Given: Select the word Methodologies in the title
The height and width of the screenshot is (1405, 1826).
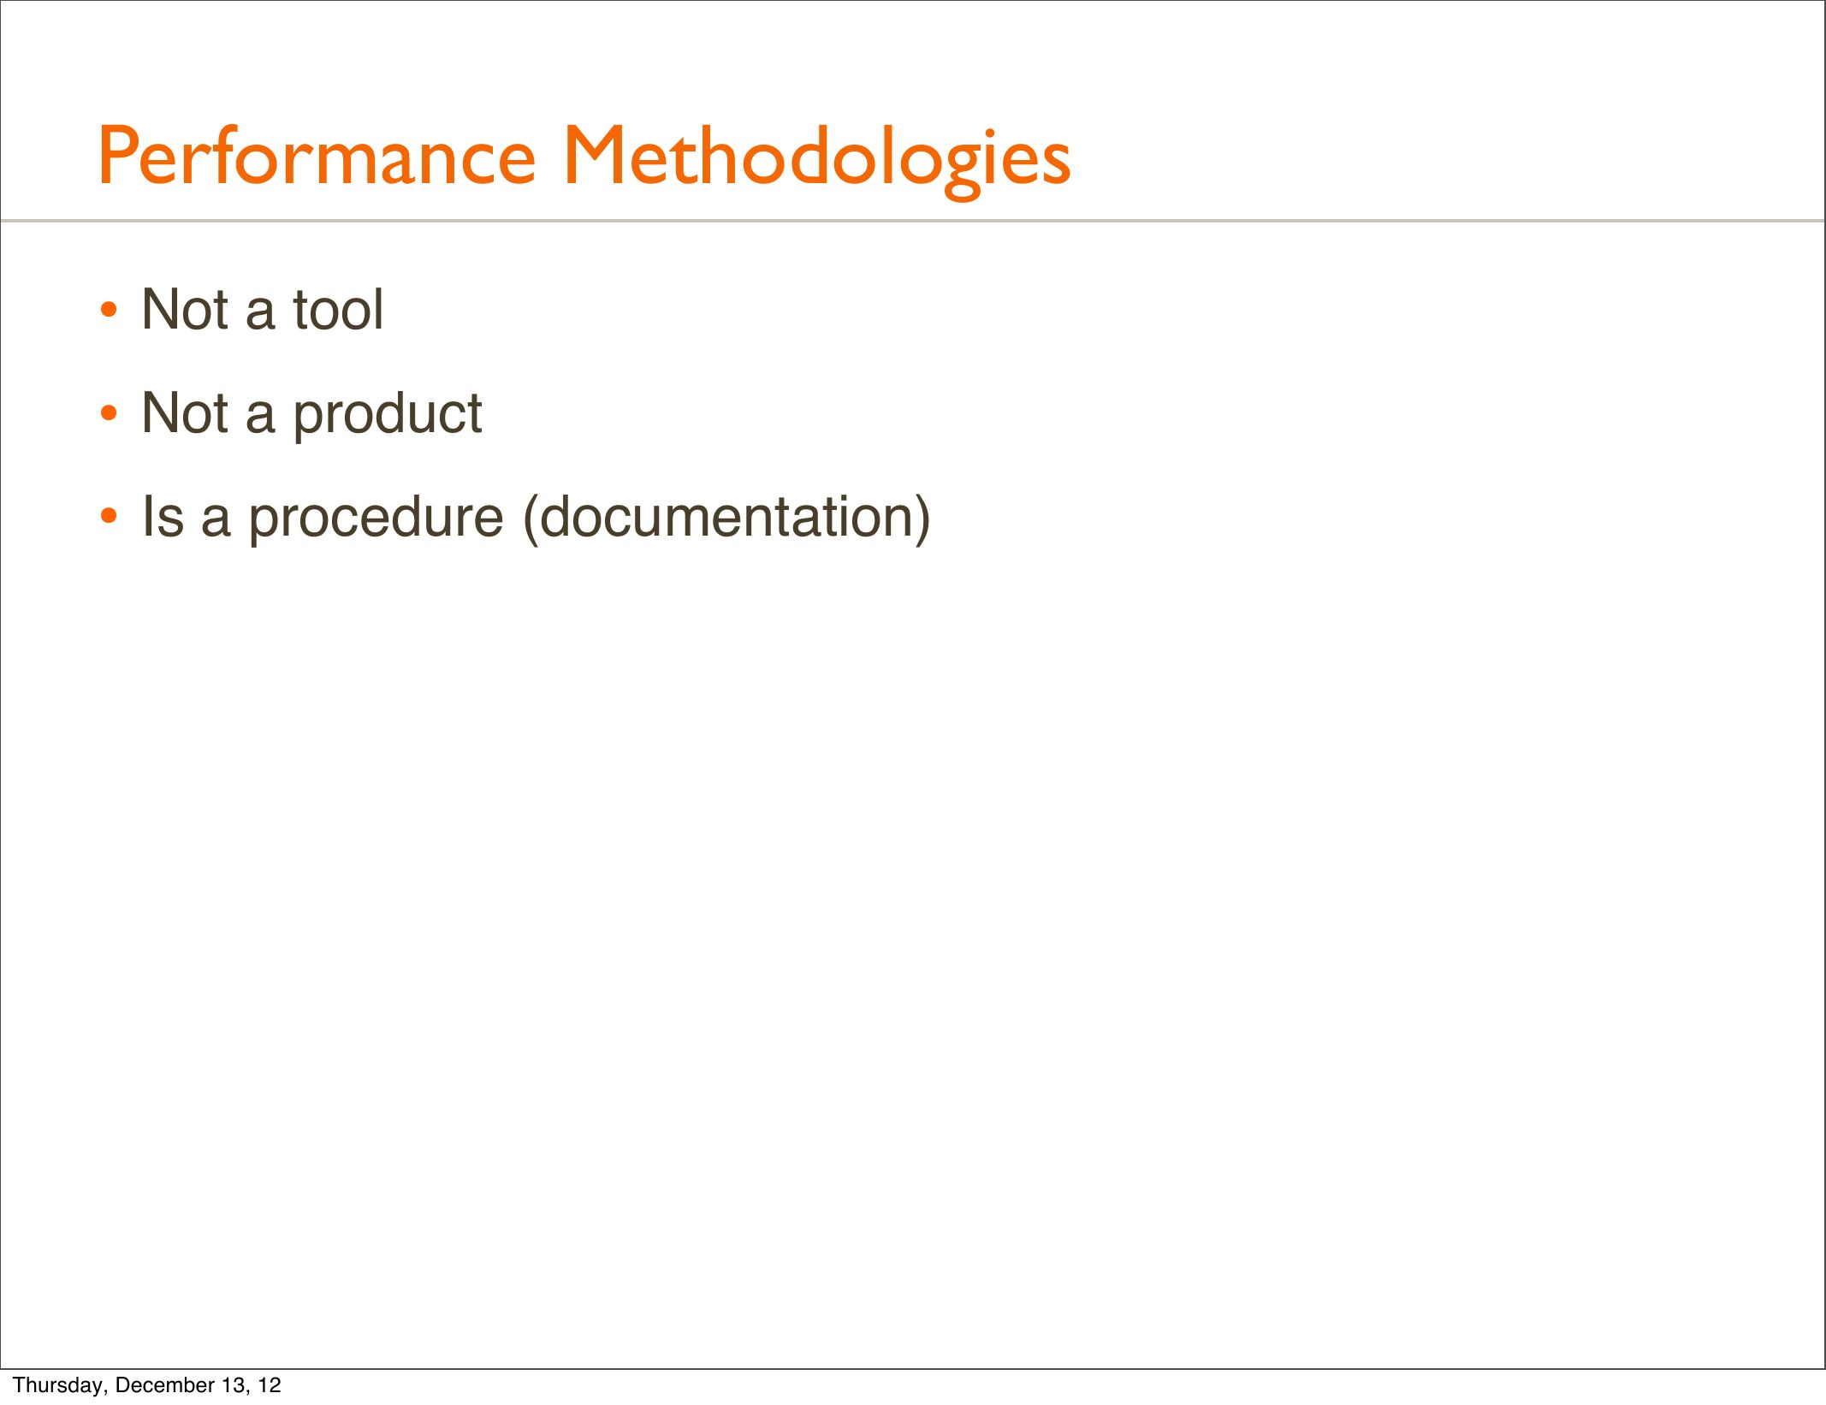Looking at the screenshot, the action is [816, 160].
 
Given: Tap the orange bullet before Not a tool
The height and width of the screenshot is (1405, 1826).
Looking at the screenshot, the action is [109, 311].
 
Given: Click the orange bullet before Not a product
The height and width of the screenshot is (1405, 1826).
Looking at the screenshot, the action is [109, 414].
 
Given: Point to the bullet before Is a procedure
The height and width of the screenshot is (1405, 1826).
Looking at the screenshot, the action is [109, 517].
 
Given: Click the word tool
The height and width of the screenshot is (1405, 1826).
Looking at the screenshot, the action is [338, 309].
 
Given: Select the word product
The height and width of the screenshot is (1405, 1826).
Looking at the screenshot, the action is [388, 415].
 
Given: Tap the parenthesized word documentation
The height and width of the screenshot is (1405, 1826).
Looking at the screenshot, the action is [726, 518].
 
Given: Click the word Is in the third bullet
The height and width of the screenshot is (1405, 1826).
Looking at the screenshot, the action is [163, 517].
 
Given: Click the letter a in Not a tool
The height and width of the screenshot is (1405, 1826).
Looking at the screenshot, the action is [260, 316].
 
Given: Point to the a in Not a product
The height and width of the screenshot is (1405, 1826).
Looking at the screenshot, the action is [260, 420].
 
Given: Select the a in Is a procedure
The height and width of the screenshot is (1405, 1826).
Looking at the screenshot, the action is [216, 524].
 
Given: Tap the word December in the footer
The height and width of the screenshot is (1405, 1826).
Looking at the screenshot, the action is [161, 1384].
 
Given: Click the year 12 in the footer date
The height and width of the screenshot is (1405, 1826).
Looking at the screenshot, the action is [270, 1384].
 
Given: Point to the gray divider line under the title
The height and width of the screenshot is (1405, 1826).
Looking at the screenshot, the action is [913, 221].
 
